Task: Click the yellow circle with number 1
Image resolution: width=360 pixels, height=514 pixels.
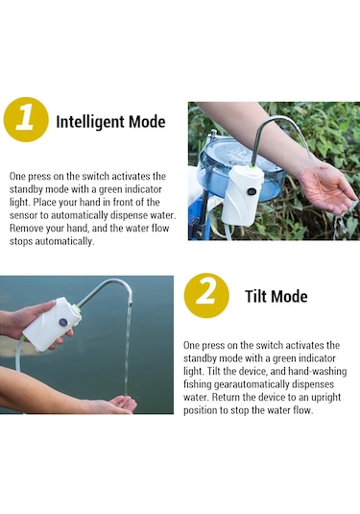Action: pos(26,120)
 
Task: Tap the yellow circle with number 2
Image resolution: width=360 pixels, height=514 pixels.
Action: pos(206,296)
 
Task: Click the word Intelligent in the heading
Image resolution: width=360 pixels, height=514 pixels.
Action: pos(89,122)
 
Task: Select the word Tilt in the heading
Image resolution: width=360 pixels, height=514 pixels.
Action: pos(256,296)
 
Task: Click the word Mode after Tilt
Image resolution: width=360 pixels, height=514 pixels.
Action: pos(290,297)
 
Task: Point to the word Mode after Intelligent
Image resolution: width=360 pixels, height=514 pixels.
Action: pos(147,122)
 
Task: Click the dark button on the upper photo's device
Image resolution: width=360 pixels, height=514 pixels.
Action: pos(252,191)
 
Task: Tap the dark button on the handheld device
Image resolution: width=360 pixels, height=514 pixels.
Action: pos(63,323)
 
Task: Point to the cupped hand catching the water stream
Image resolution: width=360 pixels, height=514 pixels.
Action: pos(122,404)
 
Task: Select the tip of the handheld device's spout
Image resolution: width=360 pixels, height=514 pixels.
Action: pos(130,304)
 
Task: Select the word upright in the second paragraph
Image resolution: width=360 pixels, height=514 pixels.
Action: pos(326,398)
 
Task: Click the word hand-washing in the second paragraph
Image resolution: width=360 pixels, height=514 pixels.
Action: pos(317,372)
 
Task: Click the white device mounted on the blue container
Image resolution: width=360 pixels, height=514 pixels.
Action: pos(243,196)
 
